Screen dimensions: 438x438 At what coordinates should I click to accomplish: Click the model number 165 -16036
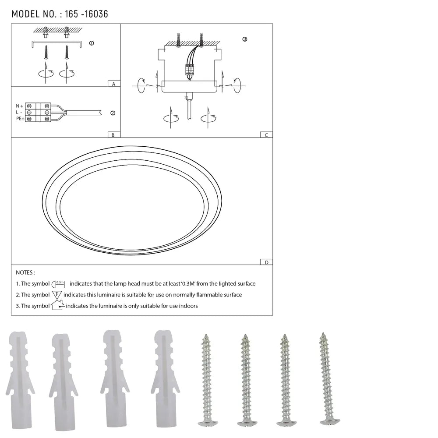coord(86,14)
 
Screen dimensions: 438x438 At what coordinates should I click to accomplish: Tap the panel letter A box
coord(113,84)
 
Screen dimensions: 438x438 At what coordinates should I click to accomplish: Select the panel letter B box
coord(113,135)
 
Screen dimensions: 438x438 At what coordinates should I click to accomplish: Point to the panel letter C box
coord(266,135)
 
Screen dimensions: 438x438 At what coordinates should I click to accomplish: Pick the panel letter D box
coord(266,262)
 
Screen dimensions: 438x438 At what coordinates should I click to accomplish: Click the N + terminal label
coord(19,106)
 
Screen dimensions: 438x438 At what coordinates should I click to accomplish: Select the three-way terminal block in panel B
coord(38,113)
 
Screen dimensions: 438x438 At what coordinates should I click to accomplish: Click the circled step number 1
coord(91,43)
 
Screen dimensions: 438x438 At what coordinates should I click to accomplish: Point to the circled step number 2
coord(113,113)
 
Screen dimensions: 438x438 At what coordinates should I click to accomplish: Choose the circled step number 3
coord(244,39)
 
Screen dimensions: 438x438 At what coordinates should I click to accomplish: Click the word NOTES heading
coord(25,272)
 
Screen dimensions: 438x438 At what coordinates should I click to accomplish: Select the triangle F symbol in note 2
coord(57,295)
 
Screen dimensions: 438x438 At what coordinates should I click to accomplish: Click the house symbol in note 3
coord(57,305)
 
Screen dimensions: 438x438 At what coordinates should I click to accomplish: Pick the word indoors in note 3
coord(187,306)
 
